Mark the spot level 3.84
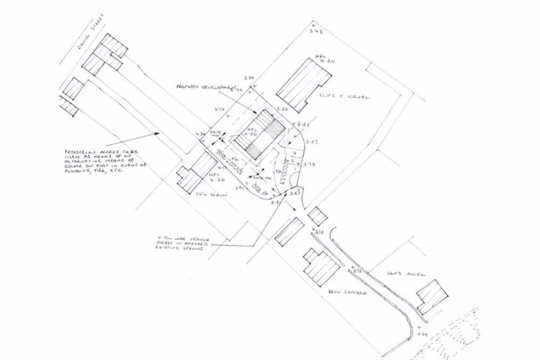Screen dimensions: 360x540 tap(249, 78)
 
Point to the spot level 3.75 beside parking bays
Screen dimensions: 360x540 tap(309, 164)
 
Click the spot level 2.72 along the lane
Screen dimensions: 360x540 tap(357, 270)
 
